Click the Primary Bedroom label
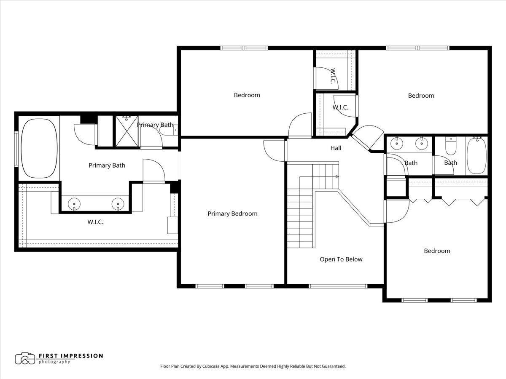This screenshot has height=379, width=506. click(232, 214)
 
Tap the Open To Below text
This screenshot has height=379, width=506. click(341, 259)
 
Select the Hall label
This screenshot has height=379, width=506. click(336, 148)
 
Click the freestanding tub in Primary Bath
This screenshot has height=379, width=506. click(39, 148)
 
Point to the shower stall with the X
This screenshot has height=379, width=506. click(127, 131)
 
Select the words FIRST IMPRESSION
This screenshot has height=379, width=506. click(71, 356)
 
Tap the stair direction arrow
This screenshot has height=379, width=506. click(337, 176)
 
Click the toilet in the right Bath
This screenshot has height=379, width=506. click(451, 146)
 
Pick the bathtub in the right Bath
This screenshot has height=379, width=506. click(477, 155)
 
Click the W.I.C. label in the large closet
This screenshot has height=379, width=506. click(95, 222)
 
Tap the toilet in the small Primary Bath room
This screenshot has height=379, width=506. click(169, 131)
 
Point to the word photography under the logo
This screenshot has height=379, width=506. click(54, 362)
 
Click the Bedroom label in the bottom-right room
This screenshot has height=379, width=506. click(437, 251)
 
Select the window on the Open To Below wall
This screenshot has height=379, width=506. click(338, 286)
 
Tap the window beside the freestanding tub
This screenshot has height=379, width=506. click(16, 149)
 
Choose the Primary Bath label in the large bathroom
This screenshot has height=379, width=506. click(107, 165)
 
